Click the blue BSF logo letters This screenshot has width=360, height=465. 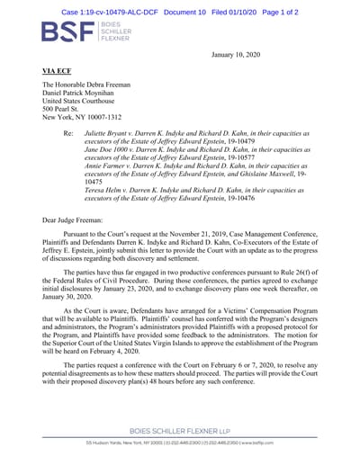(x=67, y=32)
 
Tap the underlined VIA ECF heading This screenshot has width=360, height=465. (x=58, y=69)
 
